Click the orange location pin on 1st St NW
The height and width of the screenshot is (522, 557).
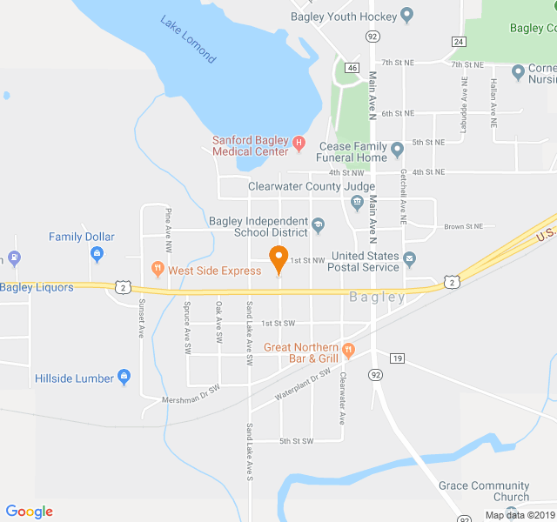point(278,258)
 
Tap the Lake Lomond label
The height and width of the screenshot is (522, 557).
point(188,39)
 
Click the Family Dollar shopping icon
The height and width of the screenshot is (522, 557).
point(97,254)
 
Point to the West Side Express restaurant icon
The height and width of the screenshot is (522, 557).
point(158,270)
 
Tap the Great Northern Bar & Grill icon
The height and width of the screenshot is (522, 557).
point(348,351)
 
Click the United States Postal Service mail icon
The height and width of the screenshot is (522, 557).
point(409,257)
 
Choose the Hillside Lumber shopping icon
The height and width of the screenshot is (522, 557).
point(124,378)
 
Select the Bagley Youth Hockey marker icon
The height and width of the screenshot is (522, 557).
point(406,17)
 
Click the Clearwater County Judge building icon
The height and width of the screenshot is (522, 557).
point(357,203)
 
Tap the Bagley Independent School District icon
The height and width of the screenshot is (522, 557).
point(319,226)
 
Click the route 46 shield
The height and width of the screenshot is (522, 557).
point(352,67)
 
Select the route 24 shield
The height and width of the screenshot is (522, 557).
point(458,42)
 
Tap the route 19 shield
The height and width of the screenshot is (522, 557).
point(398,358)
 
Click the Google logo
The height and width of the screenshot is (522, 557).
point(30,512)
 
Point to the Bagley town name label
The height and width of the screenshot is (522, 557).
point(378,298)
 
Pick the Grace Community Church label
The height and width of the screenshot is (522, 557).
point(484,492)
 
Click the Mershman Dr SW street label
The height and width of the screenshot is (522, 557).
point(193,399)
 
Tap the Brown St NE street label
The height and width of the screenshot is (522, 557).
point(463,226)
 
